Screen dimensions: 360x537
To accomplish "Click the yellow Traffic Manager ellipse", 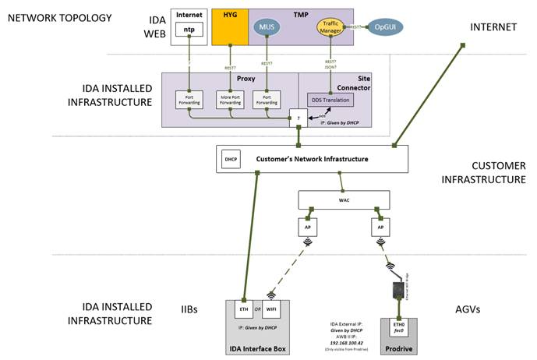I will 330,27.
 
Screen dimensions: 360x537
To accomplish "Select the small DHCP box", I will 230,160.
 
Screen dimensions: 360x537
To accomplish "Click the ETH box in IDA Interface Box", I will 243,309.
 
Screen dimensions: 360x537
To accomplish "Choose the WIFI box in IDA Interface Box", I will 270,309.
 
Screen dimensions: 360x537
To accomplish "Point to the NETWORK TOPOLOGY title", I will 60,17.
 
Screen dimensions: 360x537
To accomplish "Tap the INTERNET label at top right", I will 493,27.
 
